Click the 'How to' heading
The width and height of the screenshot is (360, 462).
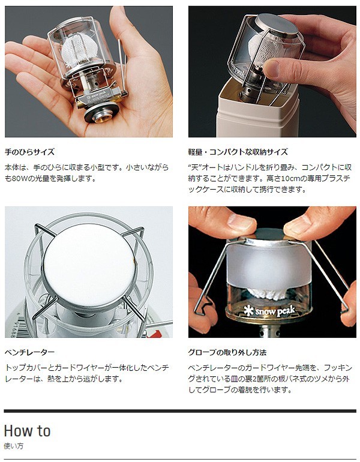27,430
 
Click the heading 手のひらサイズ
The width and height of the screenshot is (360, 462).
30,152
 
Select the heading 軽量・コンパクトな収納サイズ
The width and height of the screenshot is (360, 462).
238,152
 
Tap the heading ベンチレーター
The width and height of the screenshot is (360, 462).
30,352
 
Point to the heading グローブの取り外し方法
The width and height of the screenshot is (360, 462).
227,352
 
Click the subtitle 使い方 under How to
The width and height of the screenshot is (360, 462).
14,446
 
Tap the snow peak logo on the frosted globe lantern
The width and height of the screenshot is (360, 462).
269,311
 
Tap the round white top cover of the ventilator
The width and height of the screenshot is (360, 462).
91,268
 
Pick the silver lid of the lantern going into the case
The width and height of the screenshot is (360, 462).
276,23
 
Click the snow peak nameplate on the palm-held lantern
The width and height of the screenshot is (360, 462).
97,98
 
